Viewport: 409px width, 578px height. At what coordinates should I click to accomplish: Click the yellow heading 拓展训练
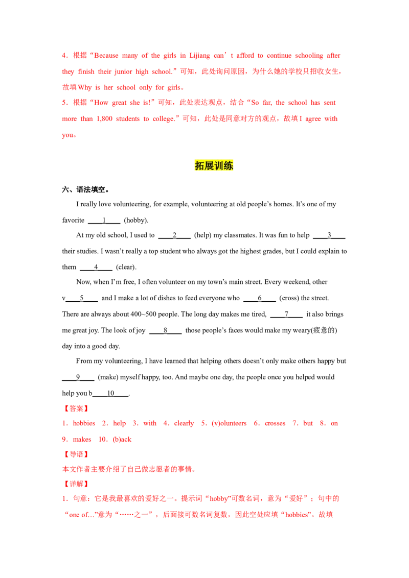[x=214, y=165]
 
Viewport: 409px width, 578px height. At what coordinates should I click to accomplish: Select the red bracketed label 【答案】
[x=75, y=408]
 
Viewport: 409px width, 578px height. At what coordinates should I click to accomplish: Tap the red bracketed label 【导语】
[x=75, y=453]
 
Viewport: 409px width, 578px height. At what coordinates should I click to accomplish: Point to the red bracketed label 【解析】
[x=75, y=484]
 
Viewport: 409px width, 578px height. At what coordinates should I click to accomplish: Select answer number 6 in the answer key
[x=256, y=424]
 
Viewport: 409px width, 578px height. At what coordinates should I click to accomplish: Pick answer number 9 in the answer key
[x=63, y=439]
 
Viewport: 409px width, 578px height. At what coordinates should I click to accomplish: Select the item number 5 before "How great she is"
[x=63, y=103]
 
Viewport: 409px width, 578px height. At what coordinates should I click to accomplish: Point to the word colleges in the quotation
[x=164, y=118]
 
